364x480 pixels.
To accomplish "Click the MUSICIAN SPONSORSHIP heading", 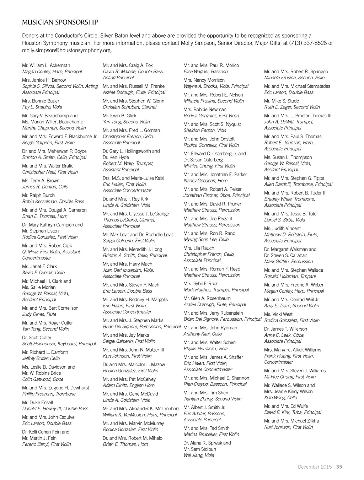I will pos(60,23).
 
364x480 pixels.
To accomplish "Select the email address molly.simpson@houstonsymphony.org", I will pos(67,50).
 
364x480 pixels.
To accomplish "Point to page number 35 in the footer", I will pos(339,467).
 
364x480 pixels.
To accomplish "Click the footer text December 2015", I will pos(315,467).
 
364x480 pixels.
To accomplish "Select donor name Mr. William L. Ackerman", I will pos(46,65).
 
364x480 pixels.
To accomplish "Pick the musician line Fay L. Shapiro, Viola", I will pos(42,107).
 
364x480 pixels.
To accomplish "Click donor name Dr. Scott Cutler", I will pos(37,337).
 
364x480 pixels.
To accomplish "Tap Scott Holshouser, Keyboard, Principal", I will pos(59,344).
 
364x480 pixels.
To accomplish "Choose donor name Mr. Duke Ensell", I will pos(37,402).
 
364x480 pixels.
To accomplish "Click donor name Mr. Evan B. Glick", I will pos(119,116).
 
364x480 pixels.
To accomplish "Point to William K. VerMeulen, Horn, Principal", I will pos(140,415).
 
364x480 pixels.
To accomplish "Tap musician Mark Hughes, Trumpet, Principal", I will pos(216,290).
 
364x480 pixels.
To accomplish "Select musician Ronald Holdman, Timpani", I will pos(290,276).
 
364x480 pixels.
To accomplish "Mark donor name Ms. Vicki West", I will pos(278,314).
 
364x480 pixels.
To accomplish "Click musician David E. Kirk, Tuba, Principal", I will pos(293,412).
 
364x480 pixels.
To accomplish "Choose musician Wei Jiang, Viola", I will pos(199,455).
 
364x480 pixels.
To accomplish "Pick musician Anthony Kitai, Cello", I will pos(203,334).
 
